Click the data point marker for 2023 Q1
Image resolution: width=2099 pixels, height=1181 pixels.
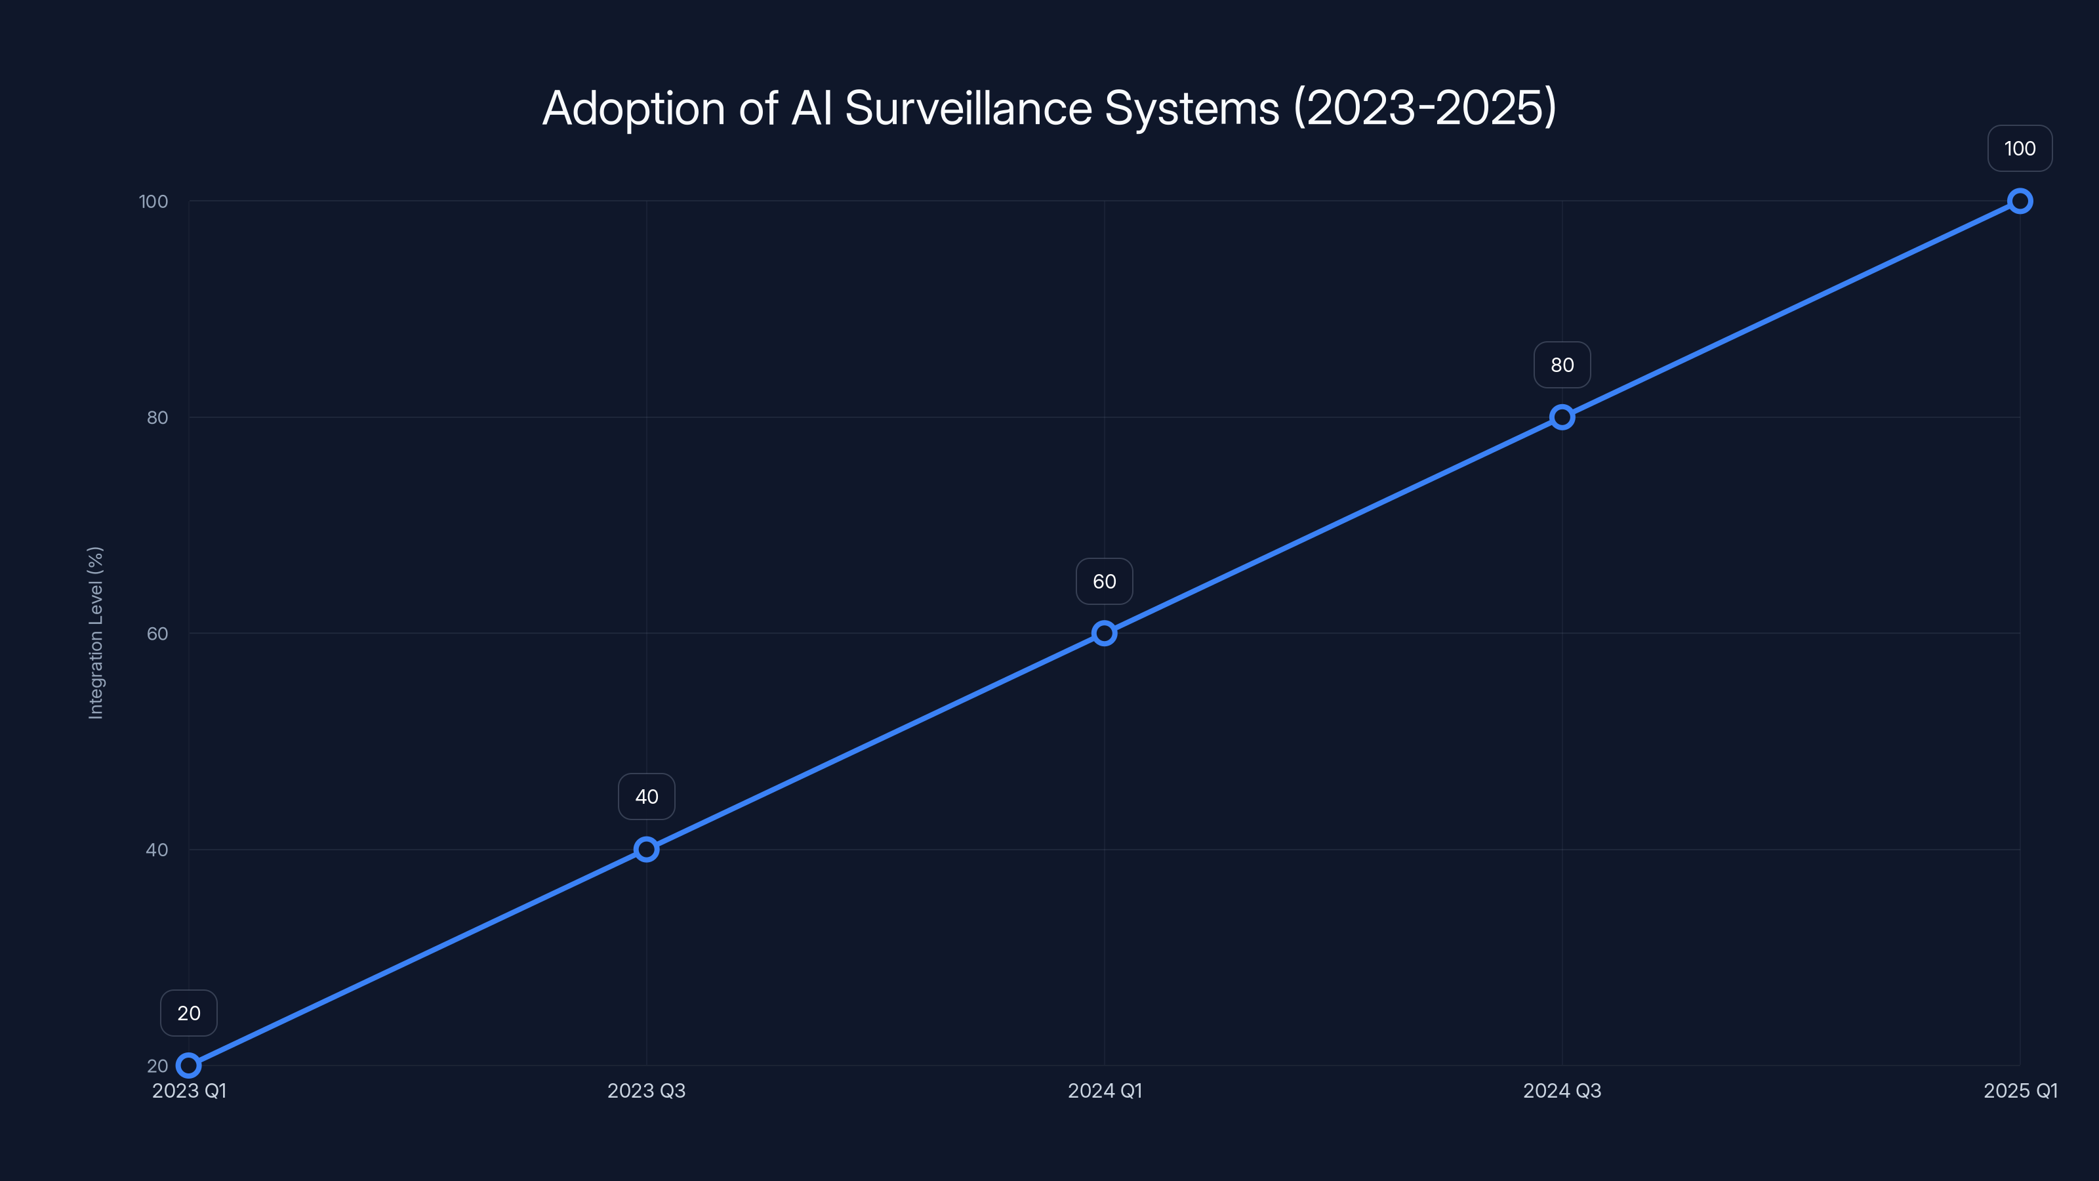point(188,1066)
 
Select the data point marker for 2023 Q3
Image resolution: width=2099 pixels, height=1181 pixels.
point(646,849)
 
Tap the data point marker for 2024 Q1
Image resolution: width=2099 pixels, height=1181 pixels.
point(1104,633)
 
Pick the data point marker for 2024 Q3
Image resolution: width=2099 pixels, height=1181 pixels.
point(1562,417)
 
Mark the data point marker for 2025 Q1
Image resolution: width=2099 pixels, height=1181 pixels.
point(2020,201)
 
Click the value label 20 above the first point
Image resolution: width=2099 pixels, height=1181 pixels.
point(188,1013)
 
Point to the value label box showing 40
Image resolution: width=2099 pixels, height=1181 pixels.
point(646,797)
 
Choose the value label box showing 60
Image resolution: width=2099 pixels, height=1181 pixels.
point(1104,581)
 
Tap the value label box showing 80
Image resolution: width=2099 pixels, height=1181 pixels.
point(1562,365)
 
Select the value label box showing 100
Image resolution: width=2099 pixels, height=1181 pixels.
point(2020,148)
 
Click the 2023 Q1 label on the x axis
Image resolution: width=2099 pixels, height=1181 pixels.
point(189,1090)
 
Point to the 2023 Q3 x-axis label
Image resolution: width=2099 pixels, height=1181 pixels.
point(646,1090)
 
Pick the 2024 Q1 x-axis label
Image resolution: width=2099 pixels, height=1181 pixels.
point(1104,1090)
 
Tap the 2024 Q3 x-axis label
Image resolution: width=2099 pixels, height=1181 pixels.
point(1562,1090)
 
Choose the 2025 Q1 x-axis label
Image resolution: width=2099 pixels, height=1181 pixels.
point(2020,1090)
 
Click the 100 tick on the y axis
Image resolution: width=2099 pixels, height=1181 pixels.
point(153,201)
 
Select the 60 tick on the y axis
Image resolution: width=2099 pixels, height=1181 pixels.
point(157,633)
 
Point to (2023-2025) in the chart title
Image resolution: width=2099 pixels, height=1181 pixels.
point(1425,108)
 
